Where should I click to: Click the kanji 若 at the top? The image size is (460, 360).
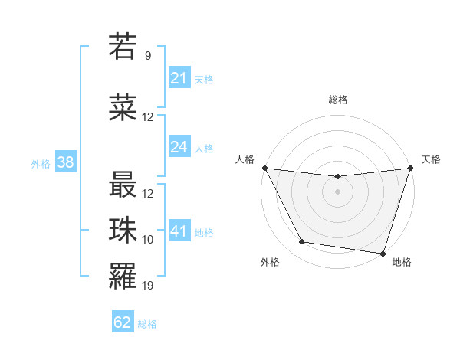click(123, 47)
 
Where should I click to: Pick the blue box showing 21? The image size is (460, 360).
click(179, 77)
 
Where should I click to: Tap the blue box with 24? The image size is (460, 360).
click(179, 147)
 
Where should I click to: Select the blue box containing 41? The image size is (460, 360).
click(179, 231)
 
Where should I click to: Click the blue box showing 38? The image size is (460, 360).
click(65, 162)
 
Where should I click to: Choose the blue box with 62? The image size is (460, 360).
click(123, 322)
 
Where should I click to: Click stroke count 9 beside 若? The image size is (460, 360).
click(148, 56)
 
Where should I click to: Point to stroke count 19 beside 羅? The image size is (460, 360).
click(148, 286)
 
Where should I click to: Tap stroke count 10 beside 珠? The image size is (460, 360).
click(148, 240)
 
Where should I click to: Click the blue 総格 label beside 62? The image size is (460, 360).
click(147, 324)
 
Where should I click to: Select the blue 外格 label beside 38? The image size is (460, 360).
click(41, 163)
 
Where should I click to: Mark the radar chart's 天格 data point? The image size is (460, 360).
click(410, 169)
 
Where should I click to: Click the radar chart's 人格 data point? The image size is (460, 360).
click(264, 169)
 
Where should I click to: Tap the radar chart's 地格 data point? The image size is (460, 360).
click(383, 253)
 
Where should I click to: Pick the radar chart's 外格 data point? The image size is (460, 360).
click(301, 242)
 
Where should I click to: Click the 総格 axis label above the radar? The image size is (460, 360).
click(337, 100)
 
